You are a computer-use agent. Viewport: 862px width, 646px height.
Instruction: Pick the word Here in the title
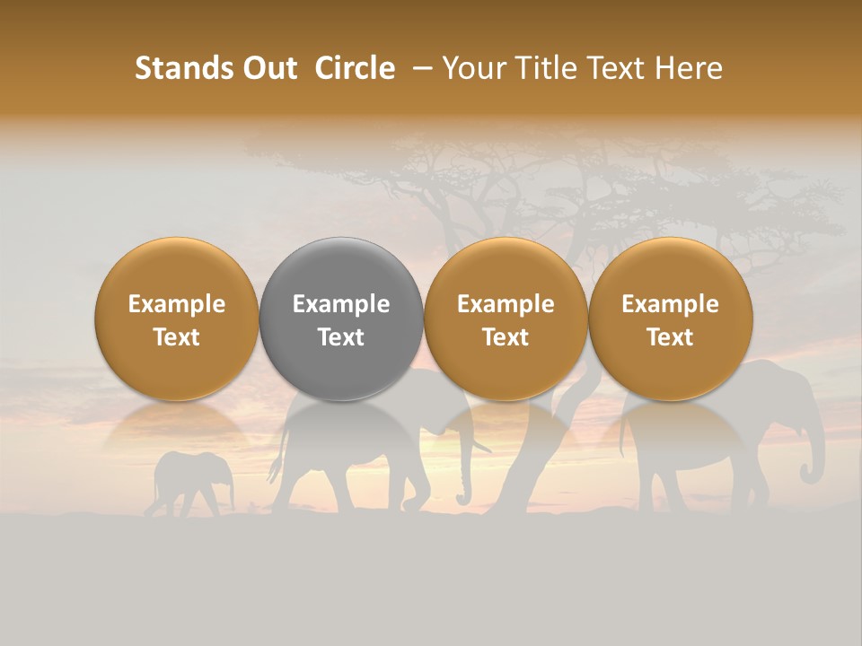tap(690, 68)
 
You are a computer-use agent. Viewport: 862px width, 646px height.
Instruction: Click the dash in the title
tap(422, 68)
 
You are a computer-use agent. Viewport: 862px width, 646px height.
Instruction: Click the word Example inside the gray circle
tap(341, 304)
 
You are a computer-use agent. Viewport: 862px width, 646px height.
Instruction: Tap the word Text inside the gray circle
tap(341, 337)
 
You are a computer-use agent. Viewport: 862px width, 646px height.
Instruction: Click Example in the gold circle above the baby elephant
tap(176, 304)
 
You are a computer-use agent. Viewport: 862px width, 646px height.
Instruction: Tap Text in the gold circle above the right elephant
tap(671, 337)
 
